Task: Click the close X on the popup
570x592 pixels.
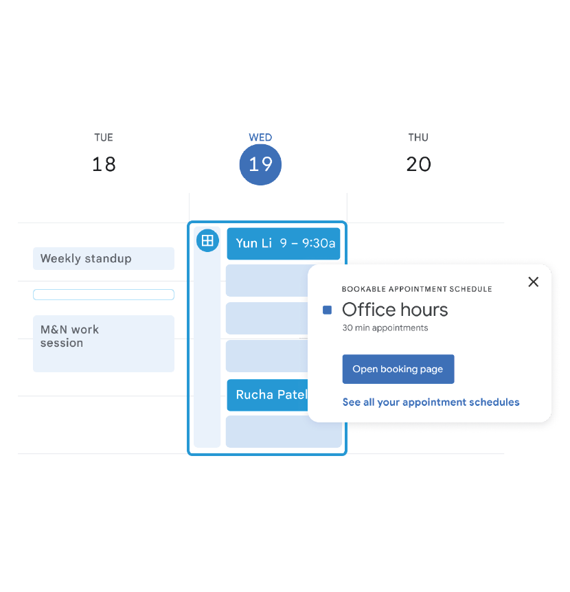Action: click(x=533, y=282)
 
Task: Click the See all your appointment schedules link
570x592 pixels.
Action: click(x=431, y=402)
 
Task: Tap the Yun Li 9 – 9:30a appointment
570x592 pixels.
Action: click(x=284, y=244)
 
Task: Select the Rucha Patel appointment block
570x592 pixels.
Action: click(x=268, y=395)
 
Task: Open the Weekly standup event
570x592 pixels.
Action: click(x=104, y=259)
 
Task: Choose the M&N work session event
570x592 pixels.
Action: click(x=104, y=343)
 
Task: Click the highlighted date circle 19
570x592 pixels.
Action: click(x=260, y=165)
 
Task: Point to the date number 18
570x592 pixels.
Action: click(x=104, y=164)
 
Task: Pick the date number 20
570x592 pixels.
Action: click(x=418, y=164)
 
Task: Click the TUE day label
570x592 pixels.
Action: click(x=104, y=137)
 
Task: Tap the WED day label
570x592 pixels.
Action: click(x=260, y=137)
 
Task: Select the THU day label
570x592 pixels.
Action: click(x=418, y=137)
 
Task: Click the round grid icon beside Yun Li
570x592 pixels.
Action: click(x=207, y=240)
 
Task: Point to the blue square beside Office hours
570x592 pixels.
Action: click(x=328, y=310)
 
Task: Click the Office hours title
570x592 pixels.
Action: click(x=395, y=310)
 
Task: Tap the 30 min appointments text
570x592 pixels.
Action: click(x=385, y=328)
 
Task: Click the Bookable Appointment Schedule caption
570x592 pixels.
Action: click(x=417, y=289)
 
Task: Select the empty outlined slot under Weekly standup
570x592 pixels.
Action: click(x=104, y=295)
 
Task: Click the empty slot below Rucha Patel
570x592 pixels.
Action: click(x=284, y=431)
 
